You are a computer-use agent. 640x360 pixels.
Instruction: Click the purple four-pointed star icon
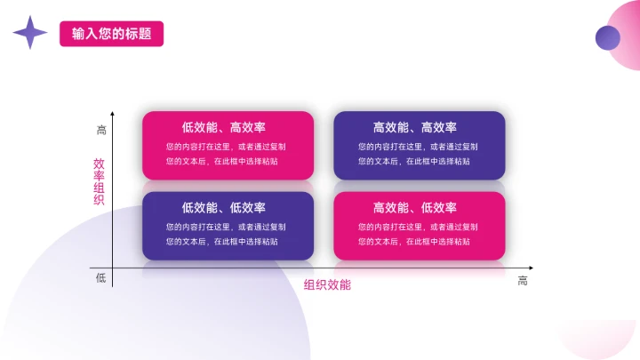click(x=29, y=33)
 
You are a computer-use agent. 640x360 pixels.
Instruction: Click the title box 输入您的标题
click(x=111, y=34)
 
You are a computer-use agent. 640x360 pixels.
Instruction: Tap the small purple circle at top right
click(x=607, y=37)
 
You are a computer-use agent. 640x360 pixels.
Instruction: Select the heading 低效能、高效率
click(x=228, y=127)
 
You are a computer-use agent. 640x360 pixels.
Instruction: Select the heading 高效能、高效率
click(x=419, y=127)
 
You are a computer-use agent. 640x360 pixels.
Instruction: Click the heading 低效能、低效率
click(x=228, y=208)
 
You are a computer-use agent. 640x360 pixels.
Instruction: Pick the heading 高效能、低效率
click(x=419, y=208)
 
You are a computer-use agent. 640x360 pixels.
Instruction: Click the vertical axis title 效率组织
click(x=99, y=181)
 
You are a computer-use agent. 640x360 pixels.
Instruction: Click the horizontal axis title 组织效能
click(x=327, y=284)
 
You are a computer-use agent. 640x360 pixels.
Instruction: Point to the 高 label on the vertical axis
click(x=101, y=130)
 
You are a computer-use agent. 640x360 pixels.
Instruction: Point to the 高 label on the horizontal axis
click(x=523, y=281)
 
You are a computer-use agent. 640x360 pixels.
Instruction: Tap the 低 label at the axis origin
click(x=101, y=278)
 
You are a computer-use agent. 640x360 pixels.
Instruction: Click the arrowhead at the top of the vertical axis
click(x=112, y=115)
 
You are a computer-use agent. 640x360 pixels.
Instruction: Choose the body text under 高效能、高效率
click(x=418, y=154)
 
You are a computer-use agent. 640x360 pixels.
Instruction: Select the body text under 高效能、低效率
click(x=418, y=234)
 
